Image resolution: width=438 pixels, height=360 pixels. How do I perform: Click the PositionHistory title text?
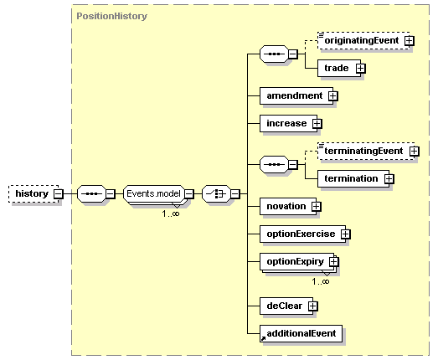(111, 16)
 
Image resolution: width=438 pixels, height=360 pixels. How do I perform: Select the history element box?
(33, 193)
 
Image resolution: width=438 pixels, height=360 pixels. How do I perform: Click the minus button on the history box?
(59, 193)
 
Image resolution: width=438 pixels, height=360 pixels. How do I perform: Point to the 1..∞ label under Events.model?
(171, 213)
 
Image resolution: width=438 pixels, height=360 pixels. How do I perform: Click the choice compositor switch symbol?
(216, 193)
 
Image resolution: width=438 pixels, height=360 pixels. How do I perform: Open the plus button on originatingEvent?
(410, 41)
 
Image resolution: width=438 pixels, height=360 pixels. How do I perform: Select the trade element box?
(339, 68)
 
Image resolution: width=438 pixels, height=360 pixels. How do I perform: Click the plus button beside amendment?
(332, 96)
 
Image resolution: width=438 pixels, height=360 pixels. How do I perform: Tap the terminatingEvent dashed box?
(366, 151)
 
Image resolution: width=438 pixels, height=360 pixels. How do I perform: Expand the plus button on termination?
(389, 178)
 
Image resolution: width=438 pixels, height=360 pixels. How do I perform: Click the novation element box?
(288, 207)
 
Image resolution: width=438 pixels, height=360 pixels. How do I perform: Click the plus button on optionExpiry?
(334, 262)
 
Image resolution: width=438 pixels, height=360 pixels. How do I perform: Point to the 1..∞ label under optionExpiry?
(321, 281)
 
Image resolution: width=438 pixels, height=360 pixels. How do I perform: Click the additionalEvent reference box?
(301, 333)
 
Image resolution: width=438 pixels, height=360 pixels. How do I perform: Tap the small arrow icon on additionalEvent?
(263, 338)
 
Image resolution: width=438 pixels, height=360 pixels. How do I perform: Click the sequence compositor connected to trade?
(274, 54)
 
